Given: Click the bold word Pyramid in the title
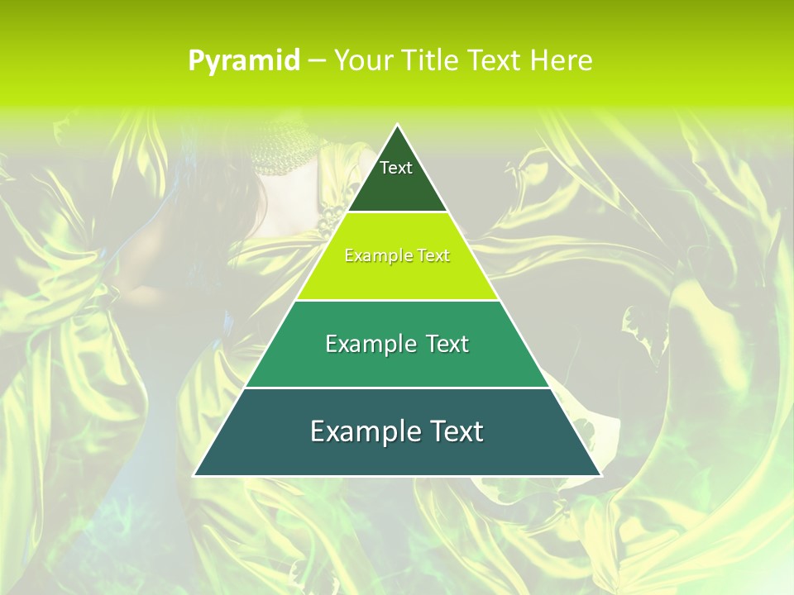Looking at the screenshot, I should pyautogui.click(x=243, y=61).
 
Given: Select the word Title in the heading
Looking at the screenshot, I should pyautogui.click(x=430, y=60).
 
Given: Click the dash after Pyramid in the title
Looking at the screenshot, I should pyautogui.click(x=316, y=61).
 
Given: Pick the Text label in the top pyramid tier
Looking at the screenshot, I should pyautogui.click(x=396, y=168).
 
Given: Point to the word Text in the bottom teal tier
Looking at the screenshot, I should pyautogui.click(x=456, y=431).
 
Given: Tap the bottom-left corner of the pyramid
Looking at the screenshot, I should pyautogui.click(x=194, y=476).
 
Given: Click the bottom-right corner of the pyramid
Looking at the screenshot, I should pyautogui.click(x=600, y=476).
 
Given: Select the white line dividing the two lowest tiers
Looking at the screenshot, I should pyautogui.click(x=398, y=388).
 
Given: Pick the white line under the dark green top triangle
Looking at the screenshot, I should pyautogui.click(x=398, y=212).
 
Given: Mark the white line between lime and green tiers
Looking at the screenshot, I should pyautogui.click(x=398, y=300).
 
